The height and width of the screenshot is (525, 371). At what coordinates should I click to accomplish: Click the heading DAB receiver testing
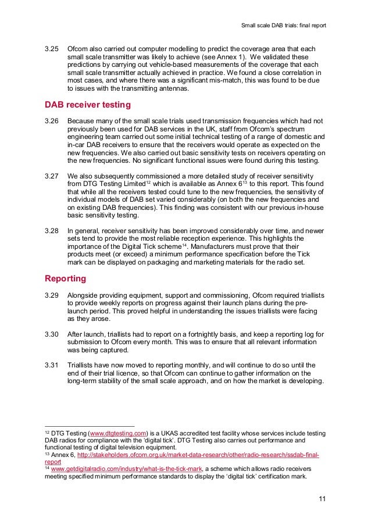coord(88,105)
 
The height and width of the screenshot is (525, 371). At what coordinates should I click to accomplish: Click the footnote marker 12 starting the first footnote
coord(48,434)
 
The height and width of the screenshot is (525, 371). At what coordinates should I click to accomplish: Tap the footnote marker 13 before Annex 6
coord(48,454)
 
